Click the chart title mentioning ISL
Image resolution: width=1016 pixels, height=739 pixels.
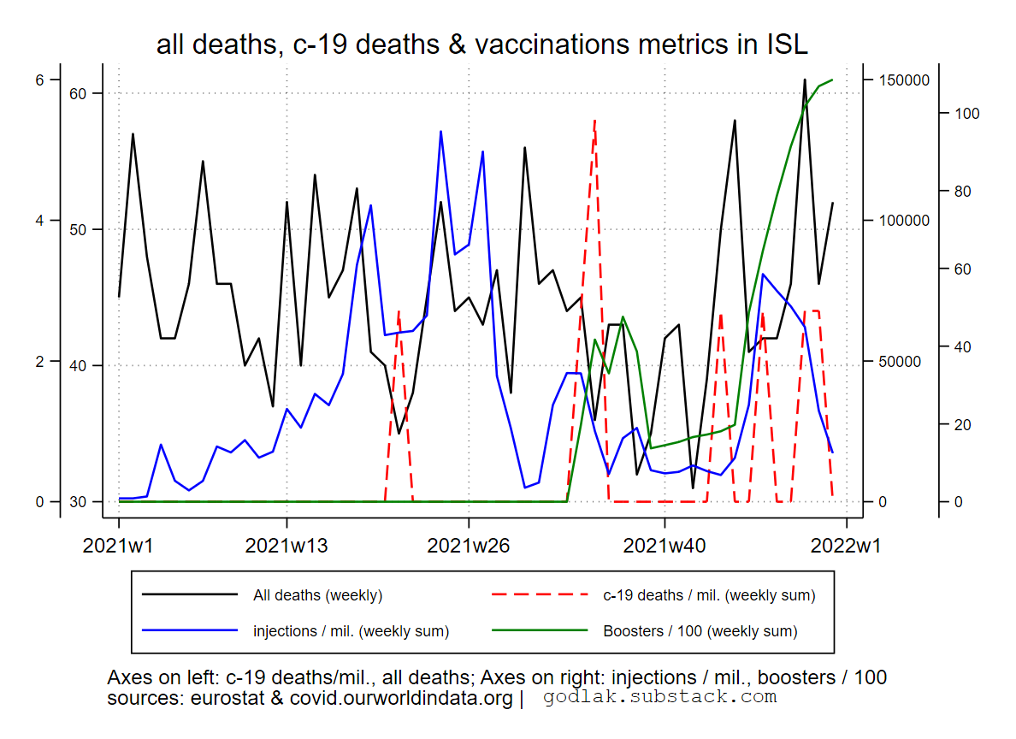481,44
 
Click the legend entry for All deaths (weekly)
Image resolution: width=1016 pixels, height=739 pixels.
317,595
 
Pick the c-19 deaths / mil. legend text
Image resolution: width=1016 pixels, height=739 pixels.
709,595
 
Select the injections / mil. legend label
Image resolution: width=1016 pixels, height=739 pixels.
351,631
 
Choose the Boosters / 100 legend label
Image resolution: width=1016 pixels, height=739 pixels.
700,631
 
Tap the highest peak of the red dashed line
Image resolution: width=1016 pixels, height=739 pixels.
594,121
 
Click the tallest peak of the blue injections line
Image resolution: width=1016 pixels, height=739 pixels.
440,131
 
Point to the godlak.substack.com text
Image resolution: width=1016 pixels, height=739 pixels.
659,697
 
